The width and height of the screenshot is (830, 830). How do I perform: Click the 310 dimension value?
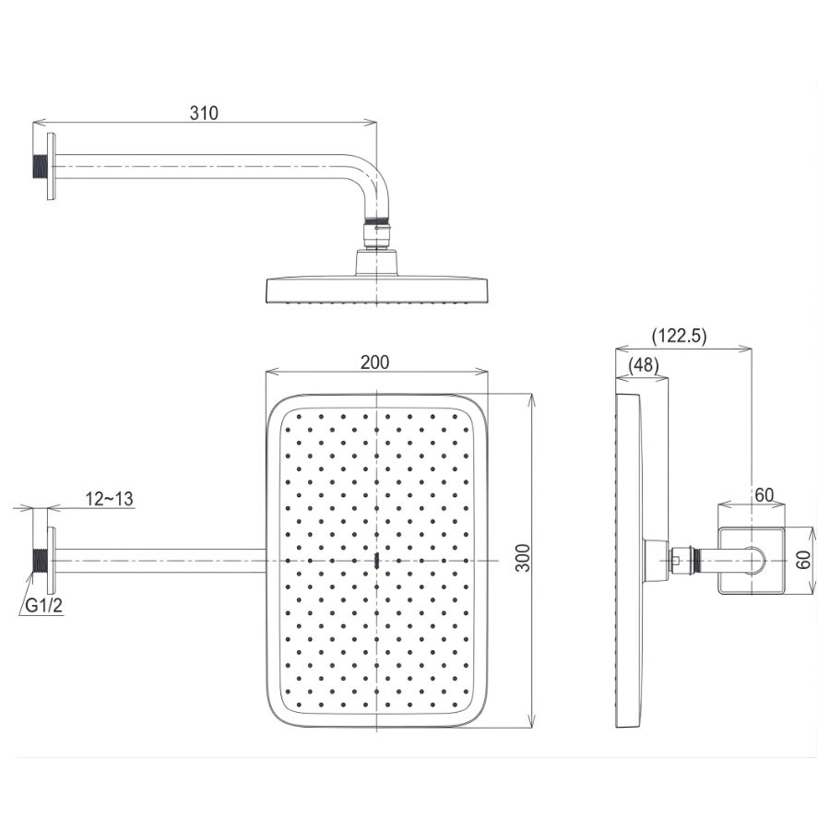(204, 113)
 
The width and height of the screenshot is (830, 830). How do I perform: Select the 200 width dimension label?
(374, 362)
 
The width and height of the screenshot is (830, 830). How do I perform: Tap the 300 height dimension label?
(523, 560)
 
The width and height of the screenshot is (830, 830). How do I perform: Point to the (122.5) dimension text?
(679, 337)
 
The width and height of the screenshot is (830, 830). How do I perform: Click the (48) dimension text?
(644, 365)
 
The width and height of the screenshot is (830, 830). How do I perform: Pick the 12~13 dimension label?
(110, 499)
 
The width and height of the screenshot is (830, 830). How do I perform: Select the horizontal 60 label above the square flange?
(764, 494)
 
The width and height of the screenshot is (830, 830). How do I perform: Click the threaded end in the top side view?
(40, 167)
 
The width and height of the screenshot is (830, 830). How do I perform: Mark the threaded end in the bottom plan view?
(40, 560)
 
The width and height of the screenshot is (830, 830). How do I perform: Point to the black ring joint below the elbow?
(377, 221)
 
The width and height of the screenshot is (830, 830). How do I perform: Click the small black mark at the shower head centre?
(378, 560)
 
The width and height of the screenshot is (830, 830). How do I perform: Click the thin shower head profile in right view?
(628, 560)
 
